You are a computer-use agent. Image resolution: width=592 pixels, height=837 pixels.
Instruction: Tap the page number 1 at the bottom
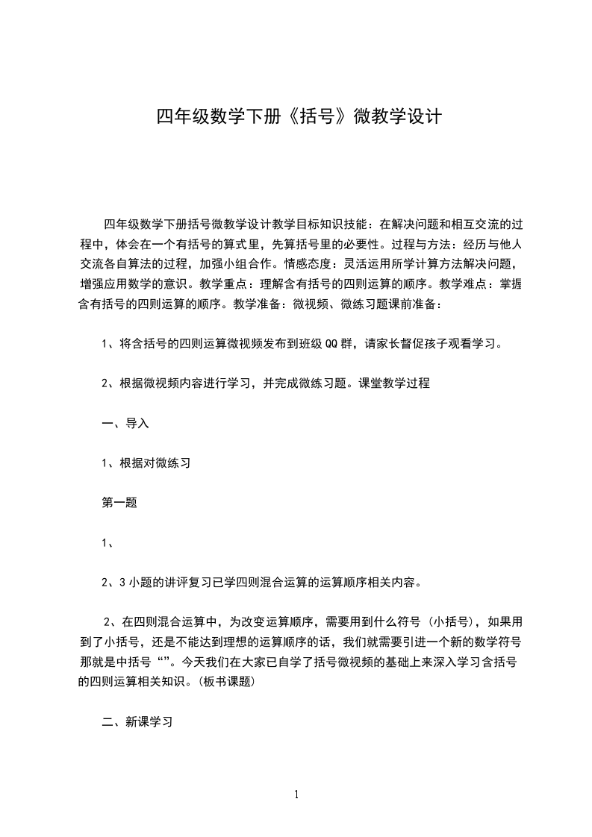coord(296,794)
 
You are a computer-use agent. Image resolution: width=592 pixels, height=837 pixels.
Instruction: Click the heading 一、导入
coord(125,423)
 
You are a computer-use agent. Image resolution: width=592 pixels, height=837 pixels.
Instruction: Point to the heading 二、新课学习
coord(137,721)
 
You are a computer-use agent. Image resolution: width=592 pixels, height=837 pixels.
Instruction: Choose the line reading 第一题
coord(119,502)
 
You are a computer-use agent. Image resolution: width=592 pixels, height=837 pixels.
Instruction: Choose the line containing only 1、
coord(108,542)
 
